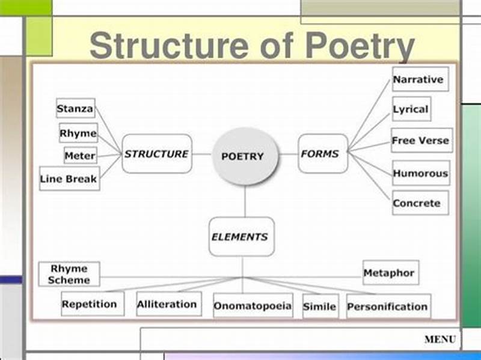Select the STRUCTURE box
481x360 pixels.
tap(157, 154)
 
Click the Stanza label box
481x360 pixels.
tap(75, 109)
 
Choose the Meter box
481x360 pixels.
tap(80, 156)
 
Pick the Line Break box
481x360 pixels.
tap(69, 178)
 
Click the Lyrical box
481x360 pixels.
tap(411, 109)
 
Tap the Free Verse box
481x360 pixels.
tap(421, 141)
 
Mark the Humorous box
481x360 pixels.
tap(420, 173)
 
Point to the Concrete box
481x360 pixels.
tap(417, 203)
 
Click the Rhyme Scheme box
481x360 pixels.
tap(69, 274)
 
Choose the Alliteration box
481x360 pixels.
tap(167, 304)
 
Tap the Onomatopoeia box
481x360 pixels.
tap(253, 306)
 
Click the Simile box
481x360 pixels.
tap(320, 307)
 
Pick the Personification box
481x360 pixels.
tap(388, 306)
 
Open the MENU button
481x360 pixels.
tap(440, 340)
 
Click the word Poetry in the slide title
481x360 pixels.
tap(360, 46)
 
